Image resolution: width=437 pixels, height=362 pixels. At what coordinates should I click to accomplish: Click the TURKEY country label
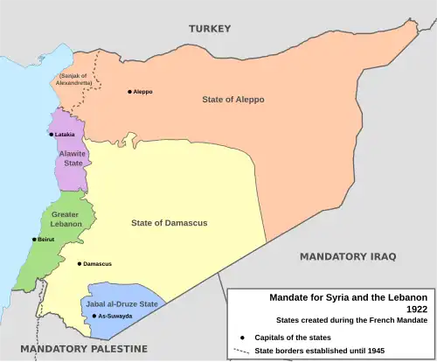point(210,29)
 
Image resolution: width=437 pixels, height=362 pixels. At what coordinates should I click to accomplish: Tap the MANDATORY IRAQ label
point(348,256)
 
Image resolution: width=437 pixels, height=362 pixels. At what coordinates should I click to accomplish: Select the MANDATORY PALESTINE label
point(84,349)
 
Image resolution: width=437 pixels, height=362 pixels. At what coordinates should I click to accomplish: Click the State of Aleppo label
point(232,100)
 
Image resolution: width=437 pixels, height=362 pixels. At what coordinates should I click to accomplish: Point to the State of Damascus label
point(169,223)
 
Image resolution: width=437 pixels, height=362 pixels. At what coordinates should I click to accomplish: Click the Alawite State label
point(72,157)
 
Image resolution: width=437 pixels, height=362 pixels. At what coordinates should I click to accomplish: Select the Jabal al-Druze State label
point(122,303)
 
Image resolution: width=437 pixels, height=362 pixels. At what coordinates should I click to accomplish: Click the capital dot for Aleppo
point(130,91)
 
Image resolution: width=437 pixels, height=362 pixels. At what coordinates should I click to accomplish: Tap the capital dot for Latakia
point(52,135)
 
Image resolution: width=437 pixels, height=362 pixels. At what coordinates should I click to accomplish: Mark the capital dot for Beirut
point(34,239)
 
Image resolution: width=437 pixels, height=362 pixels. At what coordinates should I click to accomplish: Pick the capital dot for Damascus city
point(80,263)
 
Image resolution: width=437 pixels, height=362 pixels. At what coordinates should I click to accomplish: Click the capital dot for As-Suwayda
point(94,316)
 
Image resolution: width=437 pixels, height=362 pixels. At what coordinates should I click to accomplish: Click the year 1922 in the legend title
point(415,309)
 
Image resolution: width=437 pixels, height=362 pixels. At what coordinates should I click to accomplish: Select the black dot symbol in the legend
point(240,337)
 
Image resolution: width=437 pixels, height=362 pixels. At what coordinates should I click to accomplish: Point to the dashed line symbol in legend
point(240,352)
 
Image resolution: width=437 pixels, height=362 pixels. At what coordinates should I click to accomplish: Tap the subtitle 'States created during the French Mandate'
point(351,320)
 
